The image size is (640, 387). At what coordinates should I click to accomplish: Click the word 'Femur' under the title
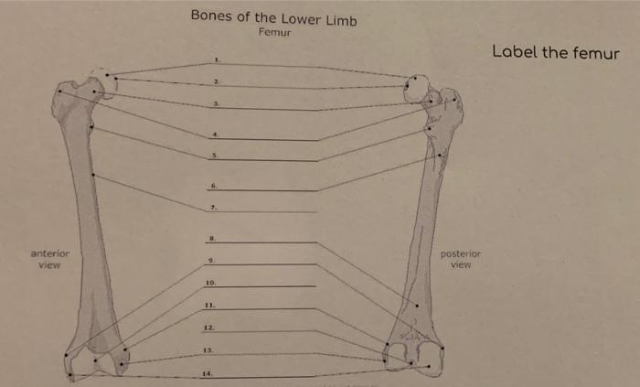[273, 32]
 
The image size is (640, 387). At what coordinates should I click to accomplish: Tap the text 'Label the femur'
[555, 52]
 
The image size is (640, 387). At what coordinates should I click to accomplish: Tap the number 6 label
[214, 187]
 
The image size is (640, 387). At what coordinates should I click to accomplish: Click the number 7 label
[214, 208]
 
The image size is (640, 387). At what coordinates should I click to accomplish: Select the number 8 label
[212, 239]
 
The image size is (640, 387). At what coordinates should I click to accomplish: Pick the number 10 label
[210, 284]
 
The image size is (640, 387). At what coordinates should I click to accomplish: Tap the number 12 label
[209, 328]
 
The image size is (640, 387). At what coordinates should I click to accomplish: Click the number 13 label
[209, 349]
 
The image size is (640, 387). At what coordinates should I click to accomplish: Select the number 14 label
[209, 372]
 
